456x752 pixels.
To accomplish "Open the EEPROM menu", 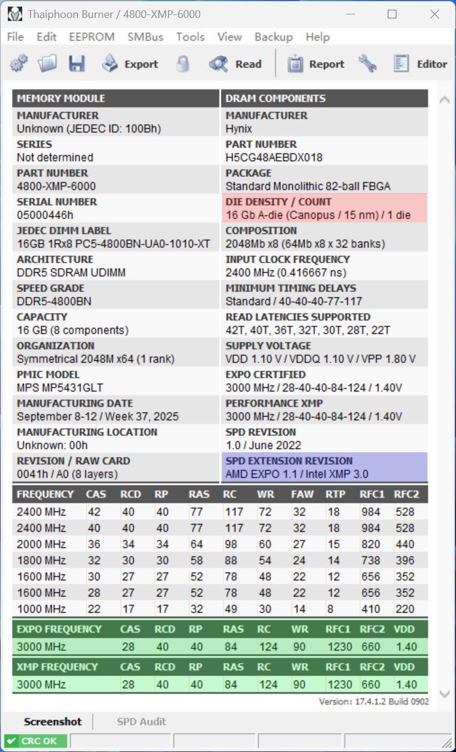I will tap(91, 37).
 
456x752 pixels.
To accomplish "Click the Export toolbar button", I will tap(130, 64).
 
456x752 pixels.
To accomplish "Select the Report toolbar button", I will tap(316, 64).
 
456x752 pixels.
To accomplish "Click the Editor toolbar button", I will tap(420, 64).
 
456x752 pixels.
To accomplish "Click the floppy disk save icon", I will tap(77, 64).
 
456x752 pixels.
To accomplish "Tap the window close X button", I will tap(434, 14).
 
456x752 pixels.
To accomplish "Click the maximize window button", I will tap(392, 14).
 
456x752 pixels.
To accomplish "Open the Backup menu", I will tap(273, 37).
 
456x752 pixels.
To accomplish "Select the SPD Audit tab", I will tap(141, 721).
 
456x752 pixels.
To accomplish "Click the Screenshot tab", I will tap(52, 721).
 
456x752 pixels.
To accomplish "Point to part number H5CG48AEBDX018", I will tap(274, 158).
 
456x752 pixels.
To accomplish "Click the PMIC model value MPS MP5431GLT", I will tap(59, 388).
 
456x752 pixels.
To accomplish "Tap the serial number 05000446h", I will tap(45, 215).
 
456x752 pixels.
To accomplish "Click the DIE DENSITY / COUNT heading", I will tap(278, 202).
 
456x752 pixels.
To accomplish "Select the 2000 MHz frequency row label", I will tap(41, 545).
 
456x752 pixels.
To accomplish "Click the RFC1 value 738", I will tap(370, 561).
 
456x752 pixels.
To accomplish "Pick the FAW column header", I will tap(301, 495).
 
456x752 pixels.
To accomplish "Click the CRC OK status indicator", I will tap(35, 741).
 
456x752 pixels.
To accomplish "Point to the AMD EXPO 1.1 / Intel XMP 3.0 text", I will tap(296, 474).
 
